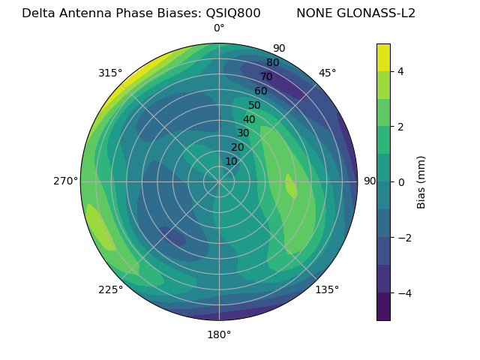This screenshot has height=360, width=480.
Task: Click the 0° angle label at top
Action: [x=219, y=28]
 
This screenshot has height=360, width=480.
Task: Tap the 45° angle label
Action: [x=327, y=73]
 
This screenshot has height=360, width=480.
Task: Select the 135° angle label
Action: [x=327, y=289]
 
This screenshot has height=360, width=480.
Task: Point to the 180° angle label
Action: [x=219, y=334]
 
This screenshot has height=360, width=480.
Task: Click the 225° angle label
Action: [x=110, y=290]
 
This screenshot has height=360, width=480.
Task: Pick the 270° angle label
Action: [x=66, y=181]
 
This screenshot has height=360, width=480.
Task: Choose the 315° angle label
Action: [x=110, y=73]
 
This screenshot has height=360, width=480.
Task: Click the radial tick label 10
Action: [x=231, y=161]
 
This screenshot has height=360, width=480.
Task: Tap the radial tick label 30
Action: [x=243, y=133]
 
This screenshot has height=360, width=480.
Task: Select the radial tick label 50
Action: [x=254, y=106]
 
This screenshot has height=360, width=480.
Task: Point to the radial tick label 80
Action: [x=272, y=63]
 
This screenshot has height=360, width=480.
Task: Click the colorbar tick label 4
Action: [x=401, y=71]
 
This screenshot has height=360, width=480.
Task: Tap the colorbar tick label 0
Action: [x=401, y=181]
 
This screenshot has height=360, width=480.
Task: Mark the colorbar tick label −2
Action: [x=403, y=237]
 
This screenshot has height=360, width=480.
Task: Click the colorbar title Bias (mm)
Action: [x=421, y=181]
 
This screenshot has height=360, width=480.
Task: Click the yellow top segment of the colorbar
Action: [x=383, y=57]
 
